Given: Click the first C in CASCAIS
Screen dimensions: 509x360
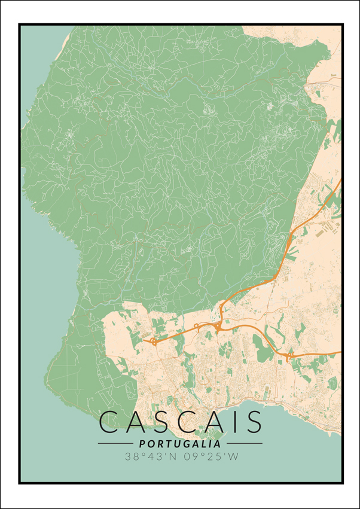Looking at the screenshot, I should point(110,422).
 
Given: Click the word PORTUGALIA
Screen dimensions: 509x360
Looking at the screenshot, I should point(179,444).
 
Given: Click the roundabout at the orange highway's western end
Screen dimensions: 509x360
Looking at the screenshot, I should point(154,342).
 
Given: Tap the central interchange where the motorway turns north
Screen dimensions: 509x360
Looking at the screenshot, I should point(219,326).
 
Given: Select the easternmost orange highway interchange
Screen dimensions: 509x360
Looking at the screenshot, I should point(290,355).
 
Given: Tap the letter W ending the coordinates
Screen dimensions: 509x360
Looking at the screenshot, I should point(234,457).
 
